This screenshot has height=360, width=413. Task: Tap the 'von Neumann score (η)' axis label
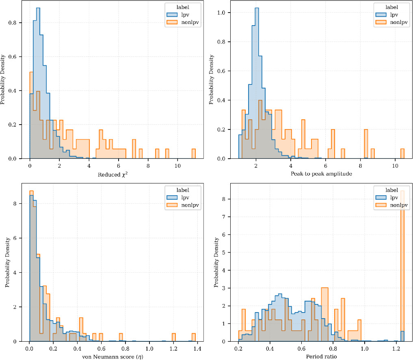pos(112,357)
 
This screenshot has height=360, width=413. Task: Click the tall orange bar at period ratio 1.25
pos(402,268)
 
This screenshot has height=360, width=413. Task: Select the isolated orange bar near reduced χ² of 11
pos(194,154)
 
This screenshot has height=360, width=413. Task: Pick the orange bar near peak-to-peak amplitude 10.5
pos(402,154)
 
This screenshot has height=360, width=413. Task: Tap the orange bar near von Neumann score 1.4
pos(194,337)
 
